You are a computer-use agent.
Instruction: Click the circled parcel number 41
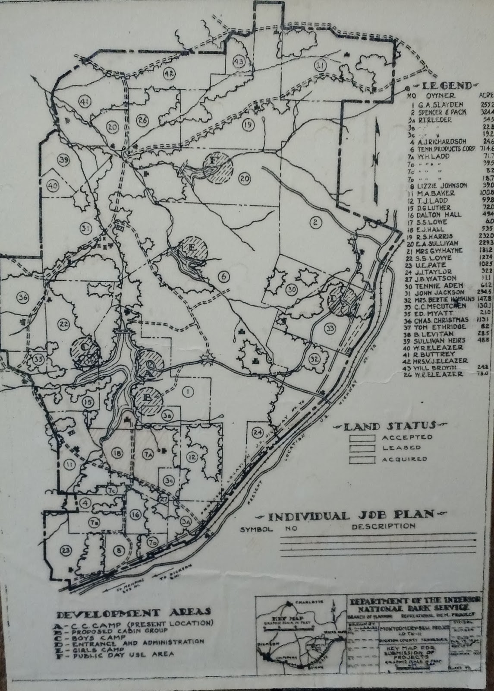click(x=84, y=102)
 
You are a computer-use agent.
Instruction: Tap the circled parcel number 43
click(x=239, y=61)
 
